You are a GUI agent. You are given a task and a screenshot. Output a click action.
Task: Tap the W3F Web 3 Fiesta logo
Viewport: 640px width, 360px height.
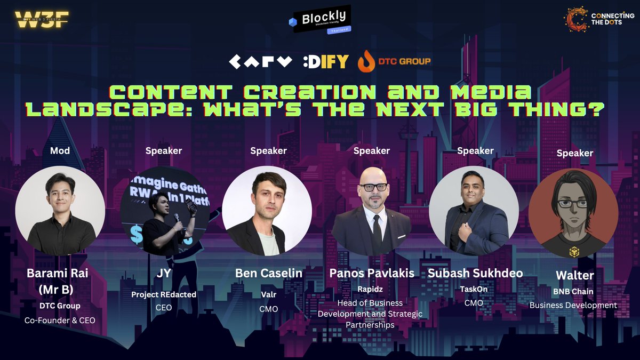tap(42, 20)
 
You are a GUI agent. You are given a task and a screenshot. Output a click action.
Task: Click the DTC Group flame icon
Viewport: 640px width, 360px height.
tap(366, 62)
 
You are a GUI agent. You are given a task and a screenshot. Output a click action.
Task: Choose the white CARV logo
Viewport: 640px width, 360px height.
tap(261, 62)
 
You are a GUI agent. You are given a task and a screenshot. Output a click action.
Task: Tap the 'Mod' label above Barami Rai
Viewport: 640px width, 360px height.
tap(60, 151)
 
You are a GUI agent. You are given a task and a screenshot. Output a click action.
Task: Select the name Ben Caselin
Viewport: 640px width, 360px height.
tap(269, 273)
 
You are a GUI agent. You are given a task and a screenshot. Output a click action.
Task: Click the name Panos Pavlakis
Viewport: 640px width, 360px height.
tap(372, 273)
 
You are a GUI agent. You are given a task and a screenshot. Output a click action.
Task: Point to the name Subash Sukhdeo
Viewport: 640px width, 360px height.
tap(475, 273)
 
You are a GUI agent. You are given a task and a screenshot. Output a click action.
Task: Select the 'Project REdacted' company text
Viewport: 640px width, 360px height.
tap(163, 294)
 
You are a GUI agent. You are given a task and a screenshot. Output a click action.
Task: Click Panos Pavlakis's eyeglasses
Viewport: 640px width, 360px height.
tap(373, 187)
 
